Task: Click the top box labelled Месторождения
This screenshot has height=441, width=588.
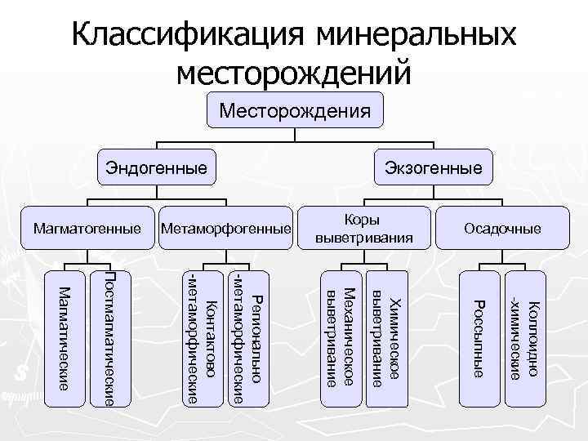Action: point(293,109)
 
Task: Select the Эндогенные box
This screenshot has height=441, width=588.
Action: point(152,169)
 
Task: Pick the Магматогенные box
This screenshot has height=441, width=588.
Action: point(87,228)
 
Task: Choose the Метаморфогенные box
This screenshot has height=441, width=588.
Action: point(226,228)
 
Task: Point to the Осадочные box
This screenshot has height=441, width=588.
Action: point(502,228)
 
